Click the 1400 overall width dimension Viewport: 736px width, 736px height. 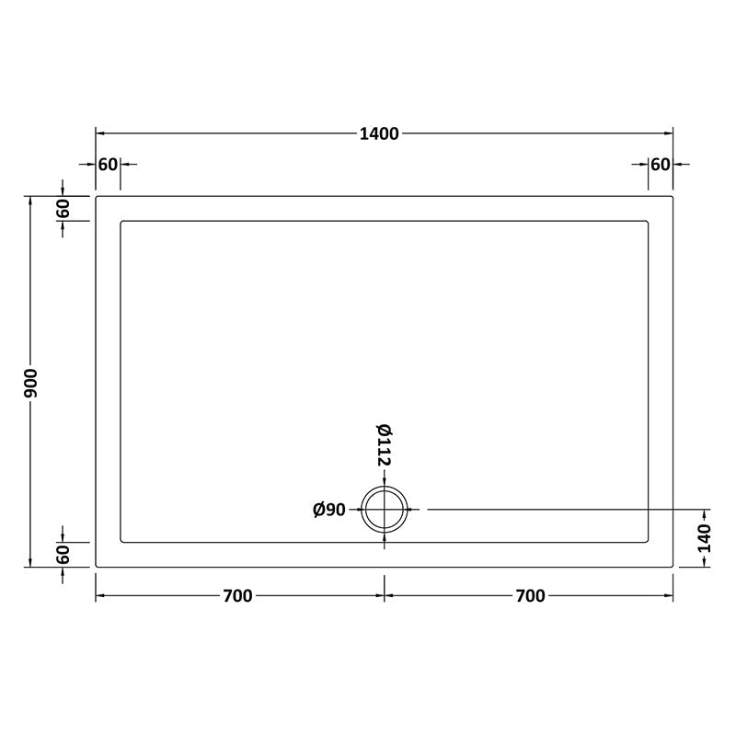(x=379, y=134)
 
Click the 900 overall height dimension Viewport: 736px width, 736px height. (x=31, y=381)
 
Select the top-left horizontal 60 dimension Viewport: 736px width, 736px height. (x=108, y=165)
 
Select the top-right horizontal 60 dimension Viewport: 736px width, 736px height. (x=660, y=165)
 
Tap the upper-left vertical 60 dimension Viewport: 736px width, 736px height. (x=63, y=208)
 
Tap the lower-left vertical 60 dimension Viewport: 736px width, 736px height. (x=63, y=555)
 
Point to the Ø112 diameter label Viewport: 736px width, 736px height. (x=385, y=444)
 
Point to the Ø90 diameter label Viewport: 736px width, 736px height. (x=328, y=510)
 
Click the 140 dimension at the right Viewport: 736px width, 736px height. (x=706, y=537)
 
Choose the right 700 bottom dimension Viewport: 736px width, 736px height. (x=530, y=596)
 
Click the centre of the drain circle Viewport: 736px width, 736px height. (x=385, y=509)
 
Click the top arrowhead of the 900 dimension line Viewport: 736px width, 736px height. (x=31, y=200)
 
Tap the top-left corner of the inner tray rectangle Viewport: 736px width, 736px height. (x=121, y=221)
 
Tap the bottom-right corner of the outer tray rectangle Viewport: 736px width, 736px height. (x=673, y=567)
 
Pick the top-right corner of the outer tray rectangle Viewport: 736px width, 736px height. (x=673, y=196)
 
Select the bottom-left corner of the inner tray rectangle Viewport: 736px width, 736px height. (x=121, y=542)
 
